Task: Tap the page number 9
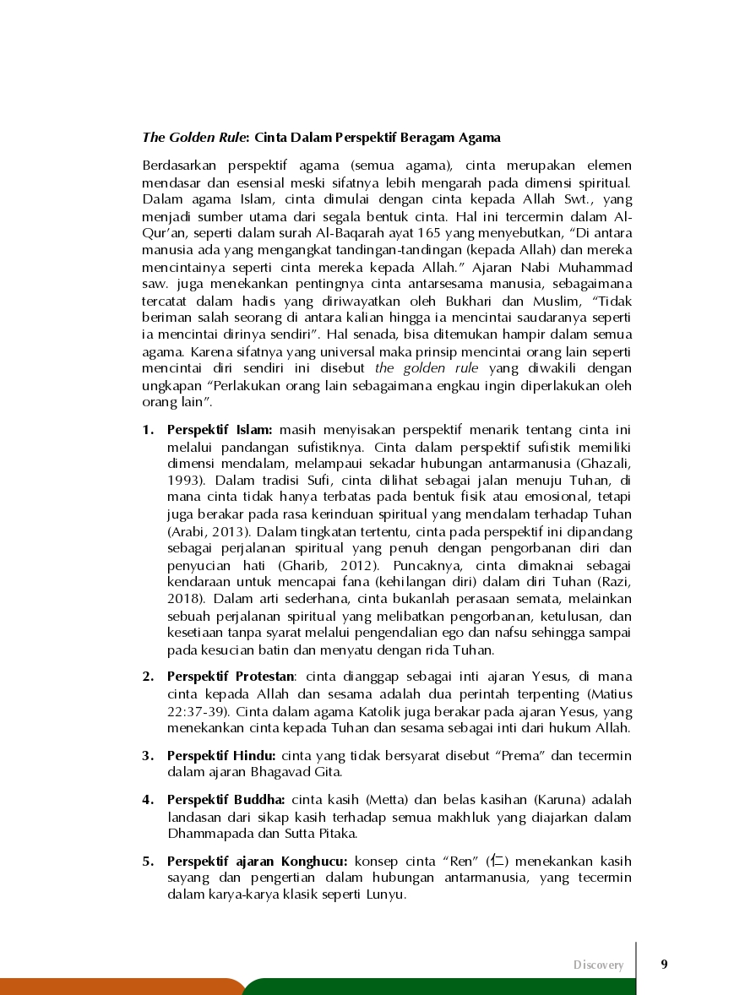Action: pos(664,964)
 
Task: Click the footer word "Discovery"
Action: pos(599,965)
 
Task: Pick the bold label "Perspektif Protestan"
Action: pos(231,677)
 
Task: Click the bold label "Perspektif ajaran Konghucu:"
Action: pos(258,862)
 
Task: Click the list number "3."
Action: pos(148,755)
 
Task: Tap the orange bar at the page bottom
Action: pos(118,987)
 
